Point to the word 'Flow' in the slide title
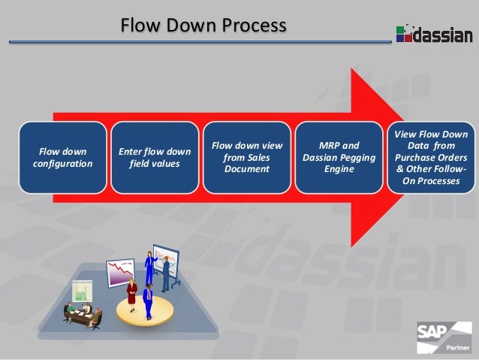(140, 26)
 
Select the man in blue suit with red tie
(147, 300)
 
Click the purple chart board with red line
(119, 271)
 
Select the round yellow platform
(144, 310)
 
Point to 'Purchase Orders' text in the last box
(431, 158)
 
